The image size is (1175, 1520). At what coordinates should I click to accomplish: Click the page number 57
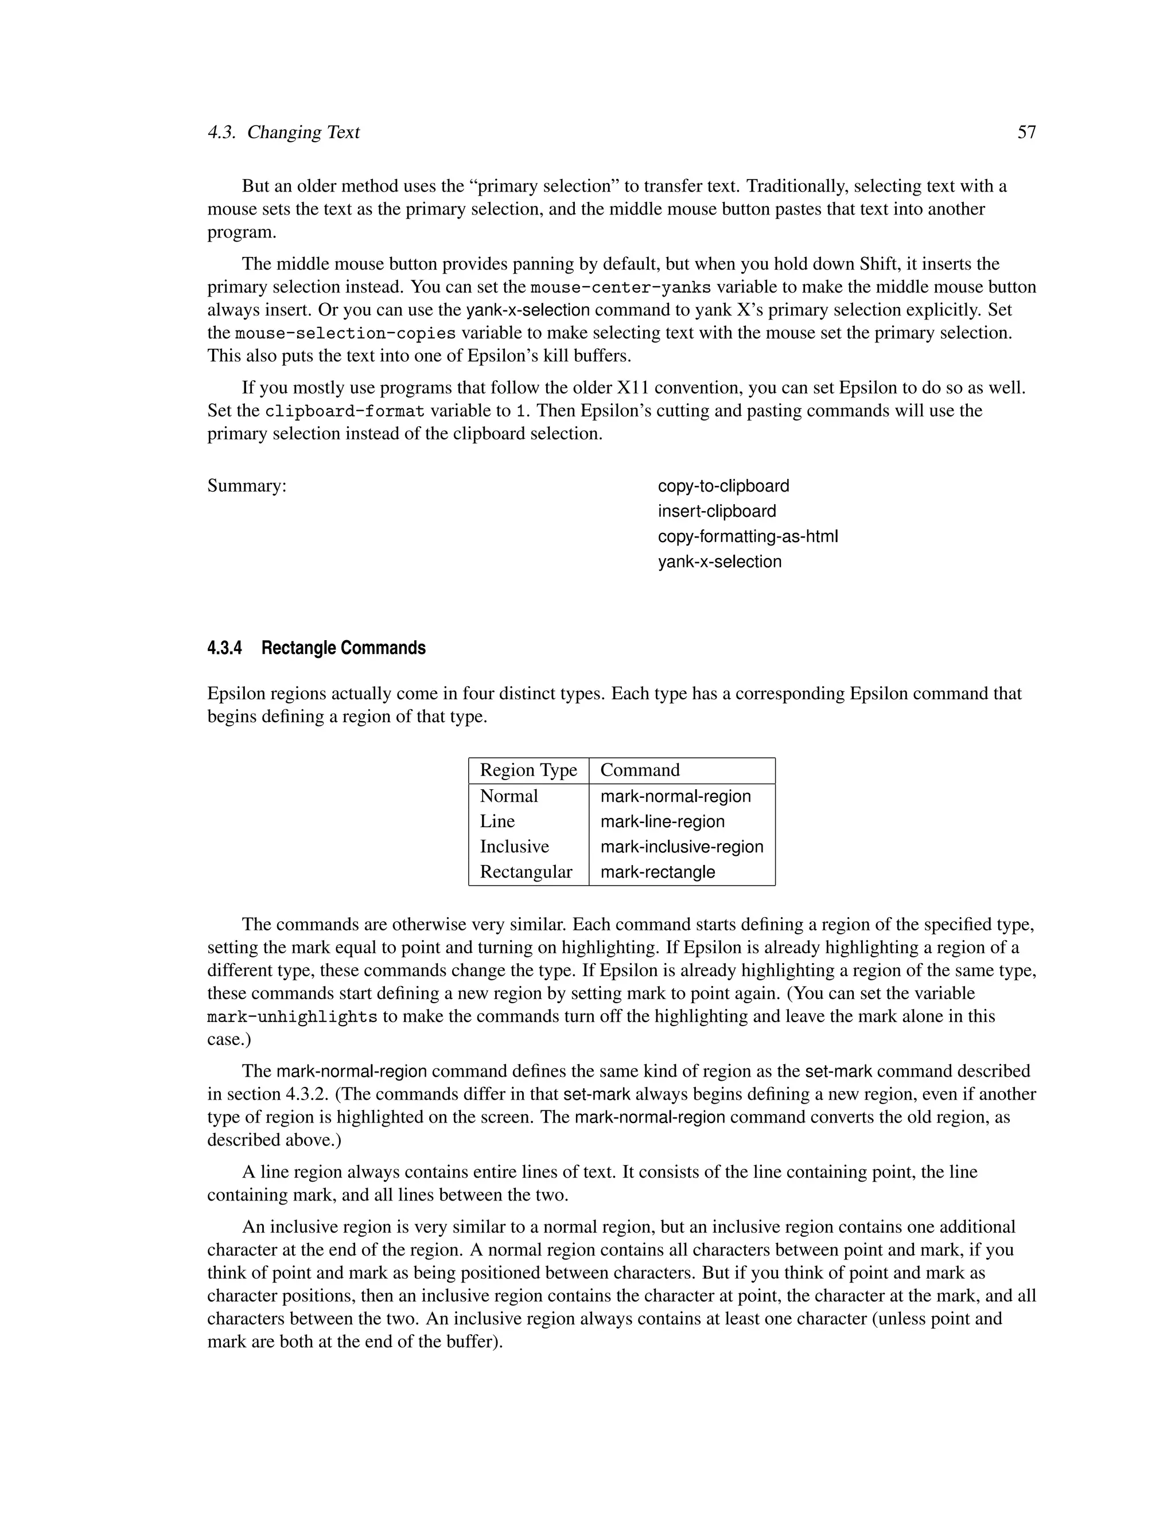[x=1026, y=132]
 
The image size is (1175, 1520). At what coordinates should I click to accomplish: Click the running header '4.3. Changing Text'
[x=283, y=132]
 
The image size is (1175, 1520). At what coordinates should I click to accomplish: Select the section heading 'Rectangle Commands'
[x=343, y=648]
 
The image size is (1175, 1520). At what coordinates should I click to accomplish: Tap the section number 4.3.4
[x=224, y=648]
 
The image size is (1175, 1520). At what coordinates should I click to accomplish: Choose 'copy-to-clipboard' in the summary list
[x=723, y=486]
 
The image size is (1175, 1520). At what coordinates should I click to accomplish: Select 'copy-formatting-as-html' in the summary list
[x=748, y=537]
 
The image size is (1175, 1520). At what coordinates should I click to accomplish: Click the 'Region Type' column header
[x=528, y=770]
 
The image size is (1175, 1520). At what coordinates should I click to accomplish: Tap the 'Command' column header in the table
[x=640, y=770]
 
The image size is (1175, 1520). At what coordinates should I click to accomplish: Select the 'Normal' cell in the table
[x=509, y=796]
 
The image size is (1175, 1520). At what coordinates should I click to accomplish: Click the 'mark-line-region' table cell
[x=662, y=821]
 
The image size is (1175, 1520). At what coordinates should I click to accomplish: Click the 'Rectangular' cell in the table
[x=526, y=872]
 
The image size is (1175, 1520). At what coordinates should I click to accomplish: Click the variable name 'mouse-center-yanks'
[x=620, y=287]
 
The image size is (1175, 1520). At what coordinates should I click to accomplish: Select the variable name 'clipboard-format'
[x=345, y=411]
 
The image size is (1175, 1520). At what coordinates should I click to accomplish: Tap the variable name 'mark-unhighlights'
[x=293, y=1017]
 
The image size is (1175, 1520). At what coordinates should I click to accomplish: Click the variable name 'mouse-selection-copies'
[x=345, y=333]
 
